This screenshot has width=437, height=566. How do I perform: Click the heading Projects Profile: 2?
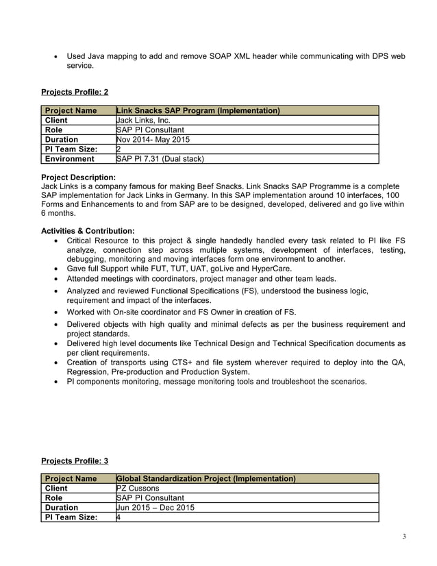pyautogui.click(x=75, y=91)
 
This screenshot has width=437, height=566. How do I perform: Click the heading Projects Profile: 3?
pyautogui.click(x=75, y=460)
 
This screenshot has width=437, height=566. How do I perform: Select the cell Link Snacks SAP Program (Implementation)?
pyautogui.click(x=198, y=110)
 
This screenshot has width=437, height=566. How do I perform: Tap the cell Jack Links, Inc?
pyautogui.click(x=144, y=120)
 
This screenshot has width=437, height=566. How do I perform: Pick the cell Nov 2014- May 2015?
pyautogui.click(x=153, y=139)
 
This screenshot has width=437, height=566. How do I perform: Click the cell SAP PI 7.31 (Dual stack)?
pyautogui.click(x=160, y=158)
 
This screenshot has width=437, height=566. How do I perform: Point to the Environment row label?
pyautogui.click(x=69, y=158)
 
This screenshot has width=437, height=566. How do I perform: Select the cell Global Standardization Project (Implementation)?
pyautogui.click(x=206, y=478)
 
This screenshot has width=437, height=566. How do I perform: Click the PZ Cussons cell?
pyautogui.click(x=138, y=488)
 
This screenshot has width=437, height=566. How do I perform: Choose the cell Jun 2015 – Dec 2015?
pyautogui.click(x=155, y=507)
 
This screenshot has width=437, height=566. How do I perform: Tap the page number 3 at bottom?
pyautogui.click(x=404, y=536)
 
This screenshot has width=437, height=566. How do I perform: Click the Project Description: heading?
pyautogui.click(x=78, y=177)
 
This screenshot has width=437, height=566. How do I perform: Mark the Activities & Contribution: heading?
pyautogui.click(x=88, y=231)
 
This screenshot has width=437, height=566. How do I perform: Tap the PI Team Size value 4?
pyautogui.click(x=119, y=517)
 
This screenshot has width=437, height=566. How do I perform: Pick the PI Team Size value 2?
pyautogui.click(x=119, y=149)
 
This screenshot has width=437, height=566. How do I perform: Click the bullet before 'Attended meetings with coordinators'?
pyautogui.click(x=55, y=279)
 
